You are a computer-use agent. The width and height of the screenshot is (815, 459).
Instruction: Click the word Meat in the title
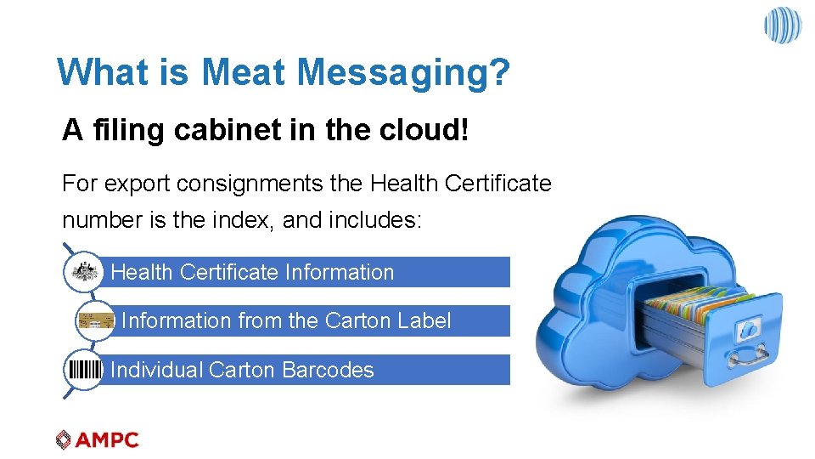244,72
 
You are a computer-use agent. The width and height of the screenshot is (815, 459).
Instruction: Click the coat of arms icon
83,272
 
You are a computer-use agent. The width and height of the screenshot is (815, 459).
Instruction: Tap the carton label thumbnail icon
95,321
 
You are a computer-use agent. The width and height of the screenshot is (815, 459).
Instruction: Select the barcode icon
84,370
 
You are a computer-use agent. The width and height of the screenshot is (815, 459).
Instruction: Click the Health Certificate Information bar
306,272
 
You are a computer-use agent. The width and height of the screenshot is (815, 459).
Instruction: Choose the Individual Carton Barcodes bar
306,370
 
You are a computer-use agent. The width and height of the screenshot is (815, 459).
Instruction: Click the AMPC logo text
106,439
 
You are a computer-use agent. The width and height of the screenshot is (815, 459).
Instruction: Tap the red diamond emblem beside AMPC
64,439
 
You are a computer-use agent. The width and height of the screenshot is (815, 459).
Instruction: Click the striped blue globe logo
782,25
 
